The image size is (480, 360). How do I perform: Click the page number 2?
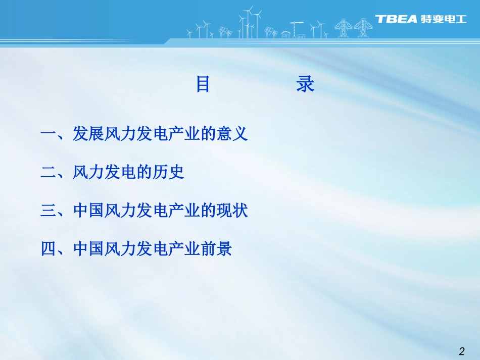[461, 351]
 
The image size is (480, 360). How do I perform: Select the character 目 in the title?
[203, 84]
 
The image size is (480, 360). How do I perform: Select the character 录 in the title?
[306, 84]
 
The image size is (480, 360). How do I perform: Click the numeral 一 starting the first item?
[49, 134]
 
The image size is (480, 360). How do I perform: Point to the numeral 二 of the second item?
[49, 173]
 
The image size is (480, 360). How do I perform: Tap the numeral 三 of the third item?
[49, 211]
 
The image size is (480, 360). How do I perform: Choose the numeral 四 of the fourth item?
[49, 249]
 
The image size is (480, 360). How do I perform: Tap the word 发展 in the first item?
[88, 134]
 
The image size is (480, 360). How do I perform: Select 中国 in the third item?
[88, 211]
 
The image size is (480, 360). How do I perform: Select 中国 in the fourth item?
[88, 249]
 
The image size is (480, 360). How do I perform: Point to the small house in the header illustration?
[286, 34]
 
